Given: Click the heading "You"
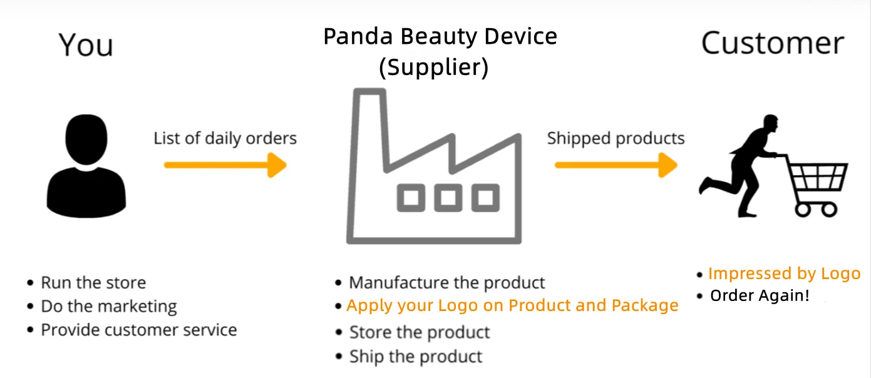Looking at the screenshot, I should tap(86, 45).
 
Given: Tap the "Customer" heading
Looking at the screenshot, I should tap(772, 44).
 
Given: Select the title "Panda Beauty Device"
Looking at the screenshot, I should tap(440, 36).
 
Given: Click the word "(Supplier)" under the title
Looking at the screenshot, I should tap(433, 66).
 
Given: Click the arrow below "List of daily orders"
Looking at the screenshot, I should tap(225, 165).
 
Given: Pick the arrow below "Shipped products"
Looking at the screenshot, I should tap(616, 165).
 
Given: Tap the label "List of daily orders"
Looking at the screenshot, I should tap(225, 138).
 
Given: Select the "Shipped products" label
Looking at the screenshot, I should tap(616, 138).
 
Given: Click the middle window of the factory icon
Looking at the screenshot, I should tap(448, 198).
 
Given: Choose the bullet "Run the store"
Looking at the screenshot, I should tap(93, 283).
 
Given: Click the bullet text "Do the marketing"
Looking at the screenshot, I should tap(109, 307).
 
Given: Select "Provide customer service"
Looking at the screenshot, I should tap(138, 330).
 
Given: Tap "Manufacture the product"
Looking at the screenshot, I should tap(447, 283).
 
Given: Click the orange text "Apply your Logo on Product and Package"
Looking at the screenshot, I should tap(512, 305).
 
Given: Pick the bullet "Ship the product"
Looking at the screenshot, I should tap(416, 357).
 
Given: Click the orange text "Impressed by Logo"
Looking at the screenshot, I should tap(784, 273).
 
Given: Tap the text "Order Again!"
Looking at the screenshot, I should tap(760, 295).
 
